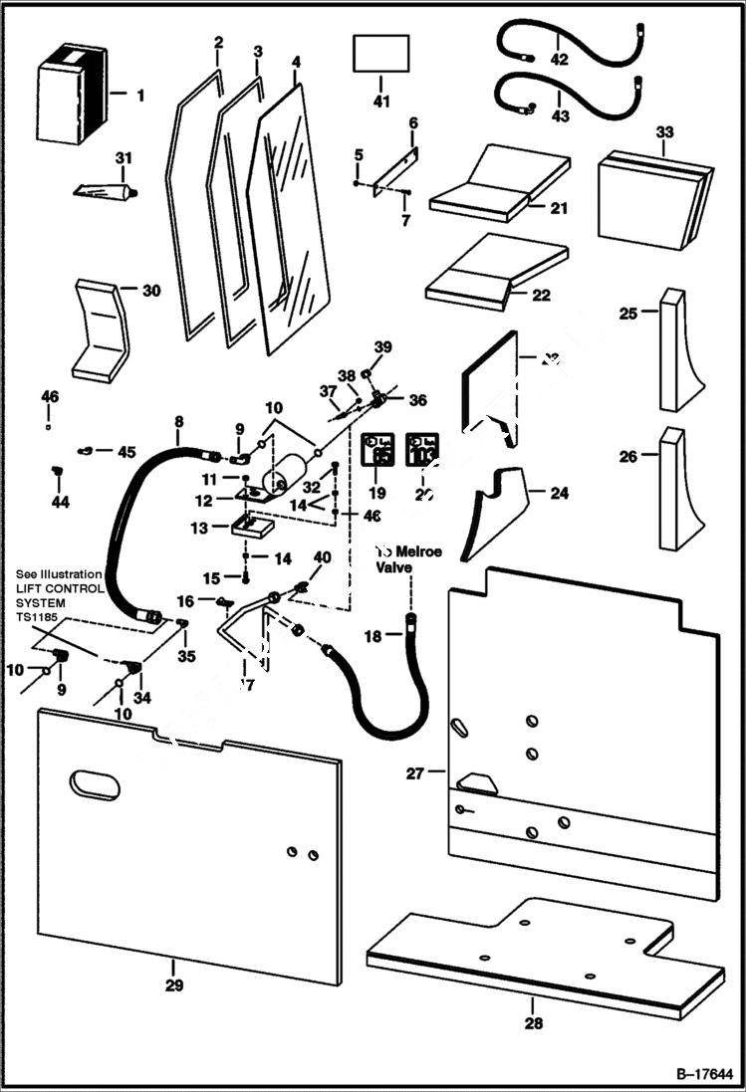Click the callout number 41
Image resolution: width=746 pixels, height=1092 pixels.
tap(380, 102)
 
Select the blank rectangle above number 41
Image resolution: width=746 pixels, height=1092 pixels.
tap(380, 53)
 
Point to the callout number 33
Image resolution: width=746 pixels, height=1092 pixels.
tap(664, 132)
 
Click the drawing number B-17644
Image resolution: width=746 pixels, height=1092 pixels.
tap(704, 1075)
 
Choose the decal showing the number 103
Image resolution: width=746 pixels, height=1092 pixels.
tap(421, 451)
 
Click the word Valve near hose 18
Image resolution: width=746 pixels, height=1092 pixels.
tap(393, 568)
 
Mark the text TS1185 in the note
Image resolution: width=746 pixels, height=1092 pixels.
tap(39, 617)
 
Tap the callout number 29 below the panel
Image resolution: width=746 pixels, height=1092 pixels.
tap(173, 985)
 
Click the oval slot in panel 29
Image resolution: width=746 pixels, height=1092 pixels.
tap(94, 784)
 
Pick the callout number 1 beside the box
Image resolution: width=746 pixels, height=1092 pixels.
tap(140, 96)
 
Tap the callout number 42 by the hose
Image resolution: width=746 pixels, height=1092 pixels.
tap(559, 60)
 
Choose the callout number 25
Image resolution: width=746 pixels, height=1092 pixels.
tap(628, 314)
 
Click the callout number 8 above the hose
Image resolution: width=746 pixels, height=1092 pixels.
tap(179, 423)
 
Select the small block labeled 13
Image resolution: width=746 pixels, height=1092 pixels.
tap(252, 524)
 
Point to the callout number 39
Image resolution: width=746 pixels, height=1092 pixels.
tap(383, 346)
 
